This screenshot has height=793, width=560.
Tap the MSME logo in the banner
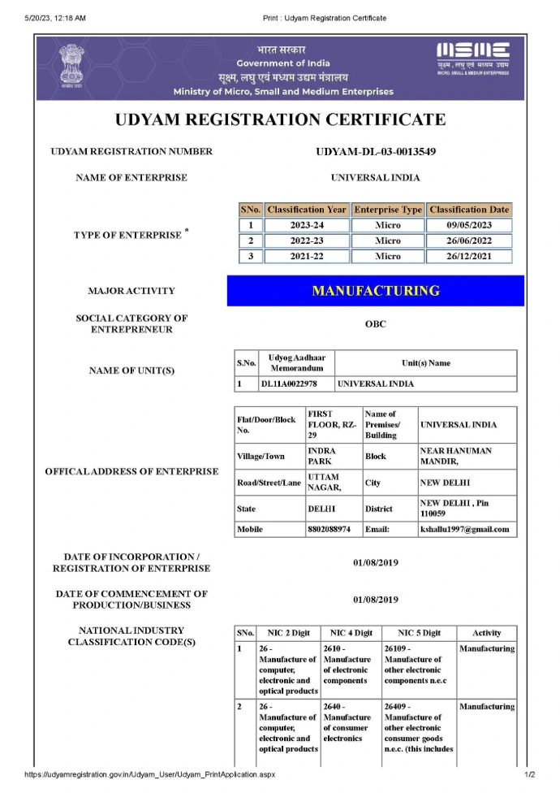point(473,57)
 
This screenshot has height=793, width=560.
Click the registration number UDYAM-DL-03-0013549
point(375,152)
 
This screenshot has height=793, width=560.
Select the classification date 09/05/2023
point(469,225)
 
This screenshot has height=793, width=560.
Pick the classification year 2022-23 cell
point(307,240)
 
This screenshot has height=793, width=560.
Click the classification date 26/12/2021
point(469,256)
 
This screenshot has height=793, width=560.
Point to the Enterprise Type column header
point(388,210)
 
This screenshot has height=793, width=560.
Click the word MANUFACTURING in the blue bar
point(375,290)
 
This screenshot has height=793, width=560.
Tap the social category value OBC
point(375,324)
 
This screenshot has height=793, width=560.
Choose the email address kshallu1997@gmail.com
point(465,530)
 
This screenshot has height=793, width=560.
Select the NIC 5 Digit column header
point(419,633)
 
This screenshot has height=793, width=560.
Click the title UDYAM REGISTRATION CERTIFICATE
point(281,119)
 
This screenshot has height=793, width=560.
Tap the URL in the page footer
point(150,775)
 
